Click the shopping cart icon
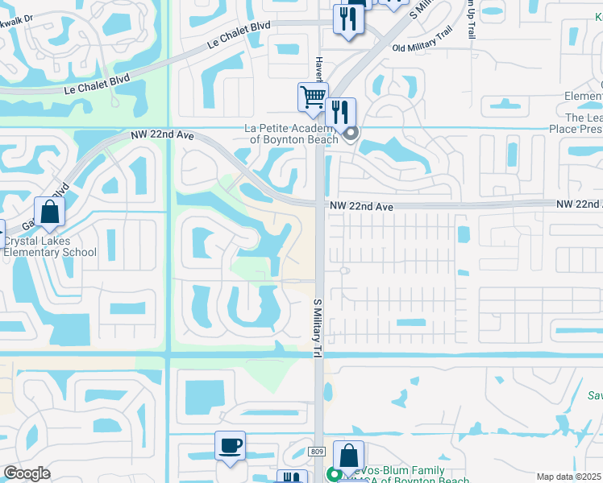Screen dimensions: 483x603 pyautogui.click(x=313, y=97)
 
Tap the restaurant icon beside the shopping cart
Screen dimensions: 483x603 pyautogui.click(x=341, y=111)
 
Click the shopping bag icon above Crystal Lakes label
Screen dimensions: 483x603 pyautogui.click(x=50, y=213)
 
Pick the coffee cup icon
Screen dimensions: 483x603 pyautogui.click(x=230, y=445)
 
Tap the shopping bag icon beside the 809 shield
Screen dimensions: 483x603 pyautogui.click(x=348, y=456)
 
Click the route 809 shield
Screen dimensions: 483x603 pyautogui.click(x=316, y=452)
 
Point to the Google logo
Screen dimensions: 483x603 pyautogui.click(x=27, y=473)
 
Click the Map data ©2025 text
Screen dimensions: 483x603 pyautogui.click(x=568, y=477)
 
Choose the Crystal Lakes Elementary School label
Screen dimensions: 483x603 pyautogui.click(x=49, y=246)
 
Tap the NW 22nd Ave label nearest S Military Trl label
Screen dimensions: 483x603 pyautogui.click(x=360, y=207)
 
